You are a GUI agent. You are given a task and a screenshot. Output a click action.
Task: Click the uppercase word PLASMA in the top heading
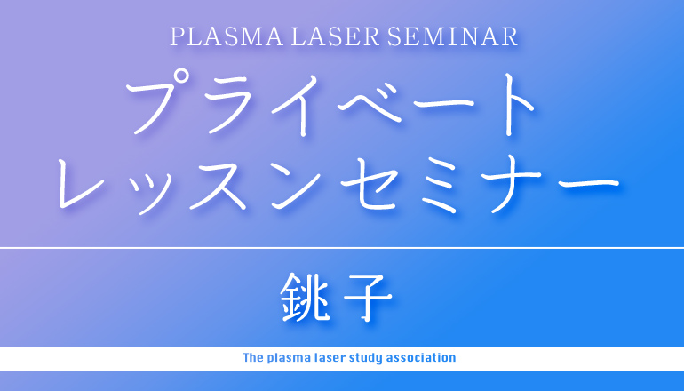[227, 37]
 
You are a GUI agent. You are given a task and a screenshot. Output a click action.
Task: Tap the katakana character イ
[299, 105]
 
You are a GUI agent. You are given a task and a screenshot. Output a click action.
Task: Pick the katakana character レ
[81, 183]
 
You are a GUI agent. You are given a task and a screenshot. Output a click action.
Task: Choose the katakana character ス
[217, 186]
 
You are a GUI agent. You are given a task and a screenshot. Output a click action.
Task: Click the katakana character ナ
[511, 186]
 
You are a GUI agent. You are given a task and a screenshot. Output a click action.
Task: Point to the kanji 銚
[305, 298]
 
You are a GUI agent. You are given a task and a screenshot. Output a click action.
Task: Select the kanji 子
[368, 298]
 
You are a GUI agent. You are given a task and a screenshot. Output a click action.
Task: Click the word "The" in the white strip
[252, 358]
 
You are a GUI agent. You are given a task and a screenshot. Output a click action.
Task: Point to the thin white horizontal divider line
[342, 247]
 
